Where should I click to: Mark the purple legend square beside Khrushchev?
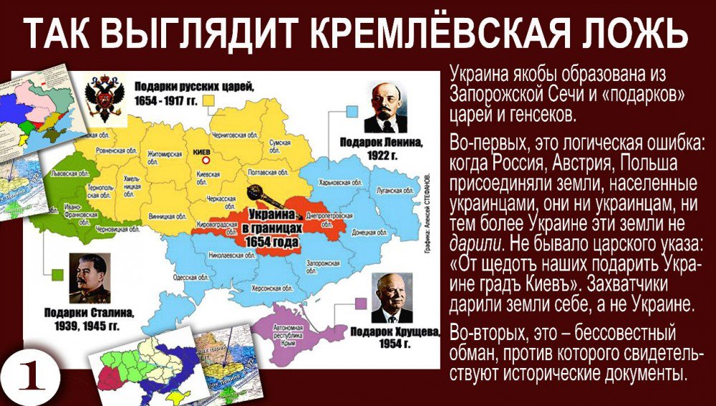coord(362,304)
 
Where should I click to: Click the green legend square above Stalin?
coord(58,274)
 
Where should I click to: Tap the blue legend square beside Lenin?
coord(352,110)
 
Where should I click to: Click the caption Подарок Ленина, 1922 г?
coord(384,148)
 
